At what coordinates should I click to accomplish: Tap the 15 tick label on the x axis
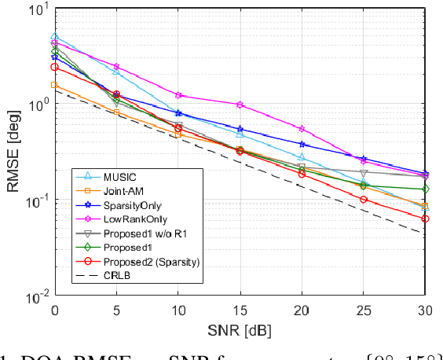point(240,309)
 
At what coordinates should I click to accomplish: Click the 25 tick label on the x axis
point(363,309)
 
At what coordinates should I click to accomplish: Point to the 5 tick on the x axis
point(116,309)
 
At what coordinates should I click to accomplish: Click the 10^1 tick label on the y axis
point(36,10)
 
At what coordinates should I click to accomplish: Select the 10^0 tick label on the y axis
point(36,105)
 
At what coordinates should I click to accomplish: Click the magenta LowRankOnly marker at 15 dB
point(240,104)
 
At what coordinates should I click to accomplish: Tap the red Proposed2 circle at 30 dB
point(425,219)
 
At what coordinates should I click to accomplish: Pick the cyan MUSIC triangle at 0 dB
point(54,37)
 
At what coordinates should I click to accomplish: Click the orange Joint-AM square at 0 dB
point(54,84)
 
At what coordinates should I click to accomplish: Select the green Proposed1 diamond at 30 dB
point(425,189)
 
